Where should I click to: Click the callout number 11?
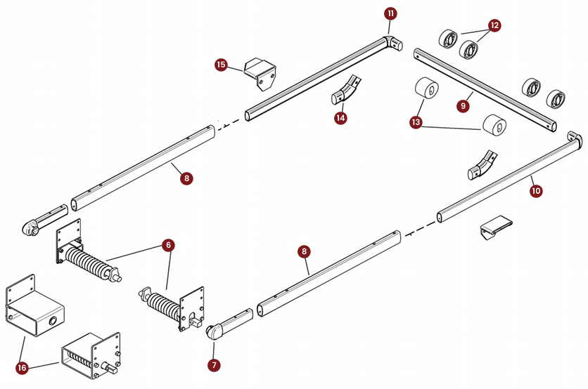[x=390, y=13]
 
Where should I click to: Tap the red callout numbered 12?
[x=494, y=25]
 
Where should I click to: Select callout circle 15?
[x=221, y=65]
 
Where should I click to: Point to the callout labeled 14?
[x=340, y=118]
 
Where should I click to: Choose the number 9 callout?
[x=462, y=106]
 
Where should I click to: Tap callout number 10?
[x=536, y=190]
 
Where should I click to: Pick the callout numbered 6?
[x=167, y=245]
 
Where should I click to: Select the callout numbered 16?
[x=22, y=368]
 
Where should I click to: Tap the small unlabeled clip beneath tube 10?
[x=494, y=228]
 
